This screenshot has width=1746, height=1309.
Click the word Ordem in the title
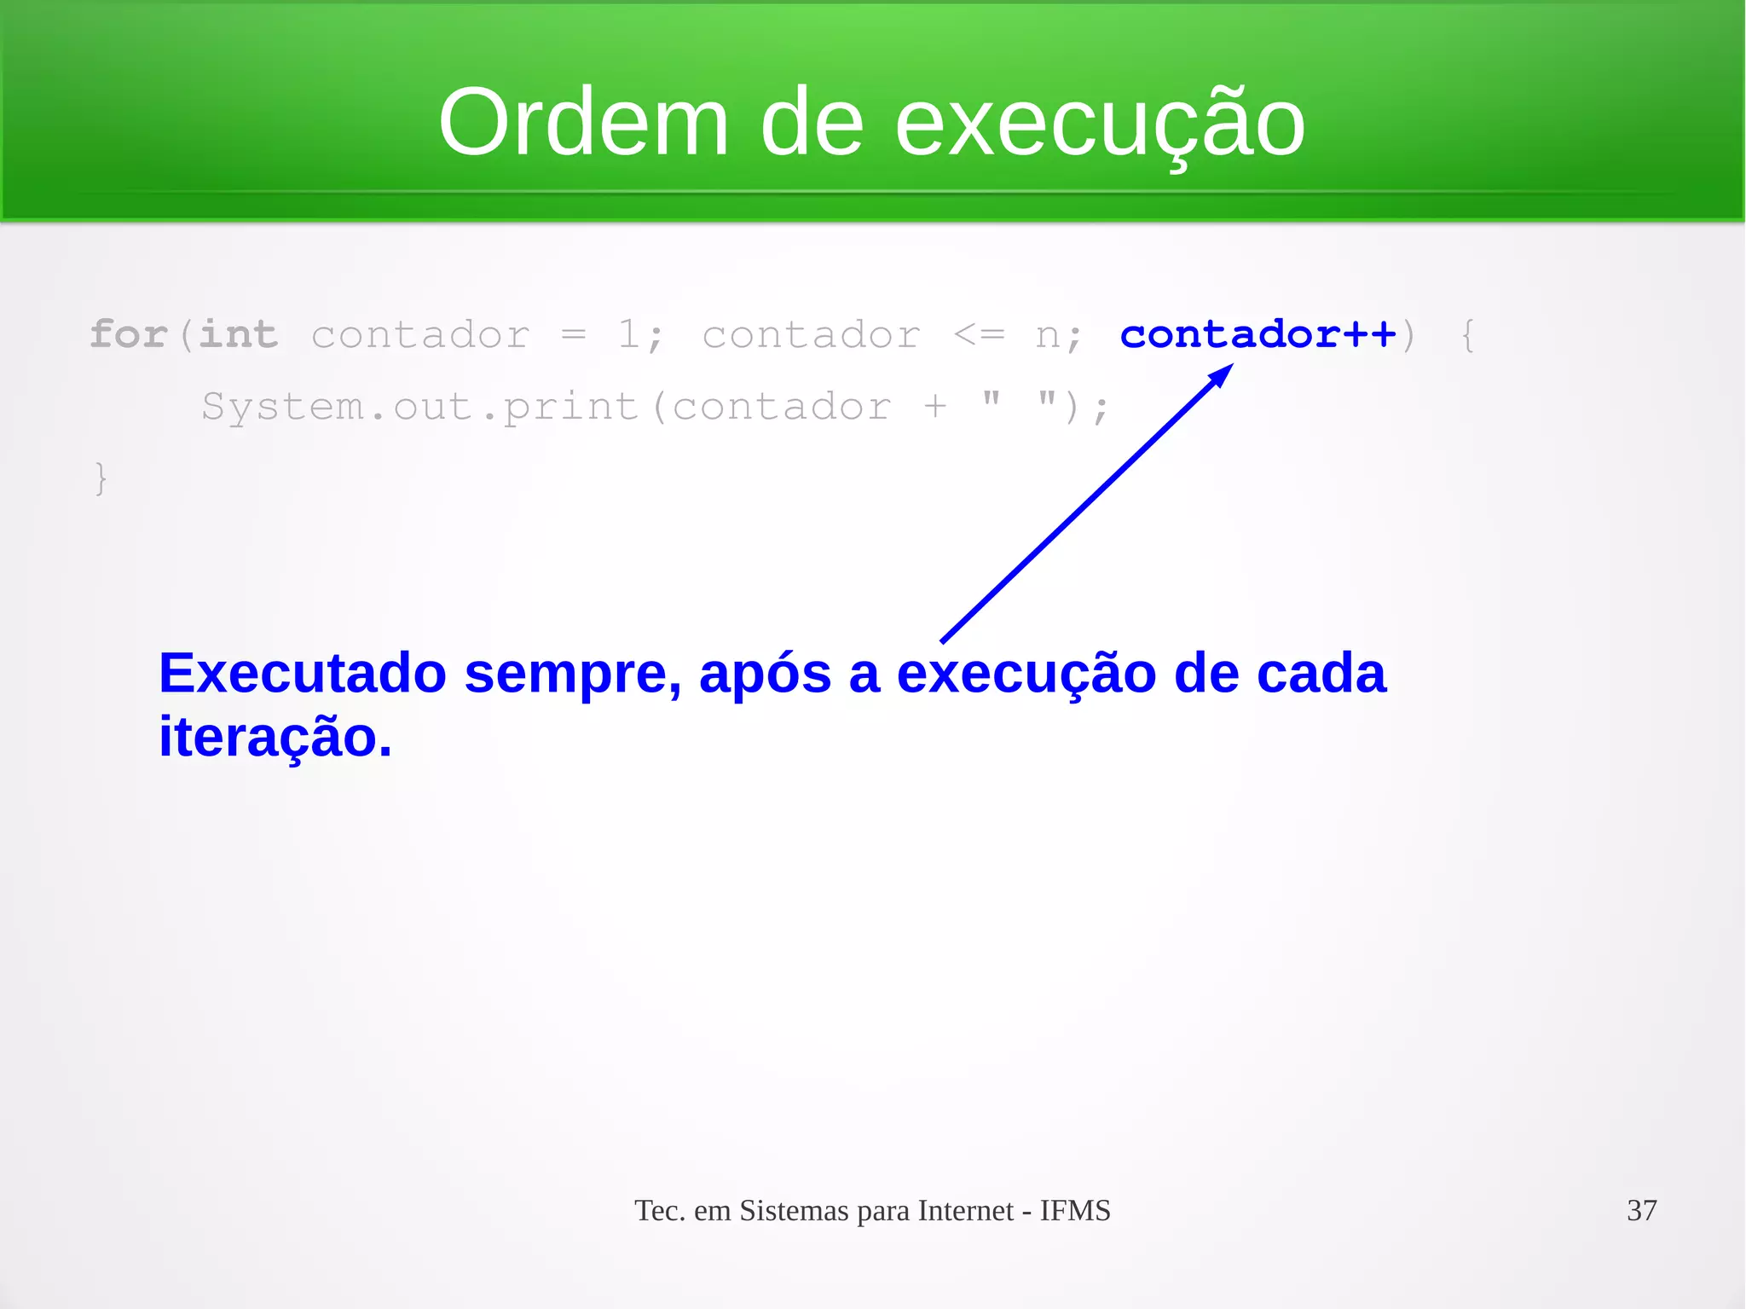click(x=583, y=124)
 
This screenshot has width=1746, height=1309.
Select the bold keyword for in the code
click(x=128, y=333)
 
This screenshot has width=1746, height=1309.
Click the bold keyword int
click(x=238, y=333)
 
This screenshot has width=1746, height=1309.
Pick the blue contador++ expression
click(x=1257, y=333)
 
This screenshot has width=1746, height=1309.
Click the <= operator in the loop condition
click(x=978, y=334)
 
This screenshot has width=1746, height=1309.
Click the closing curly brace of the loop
click(x=101, y=478)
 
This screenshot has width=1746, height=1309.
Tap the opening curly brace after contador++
click(x=1467, y=334)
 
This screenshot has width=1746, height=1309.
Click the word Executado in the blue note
click(x=302, y=674)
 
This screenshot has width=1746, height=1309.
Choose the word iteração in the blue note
click(x=275, y=738)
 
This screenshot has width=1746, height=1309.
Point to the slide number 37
click(x=1641, y=1210)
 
